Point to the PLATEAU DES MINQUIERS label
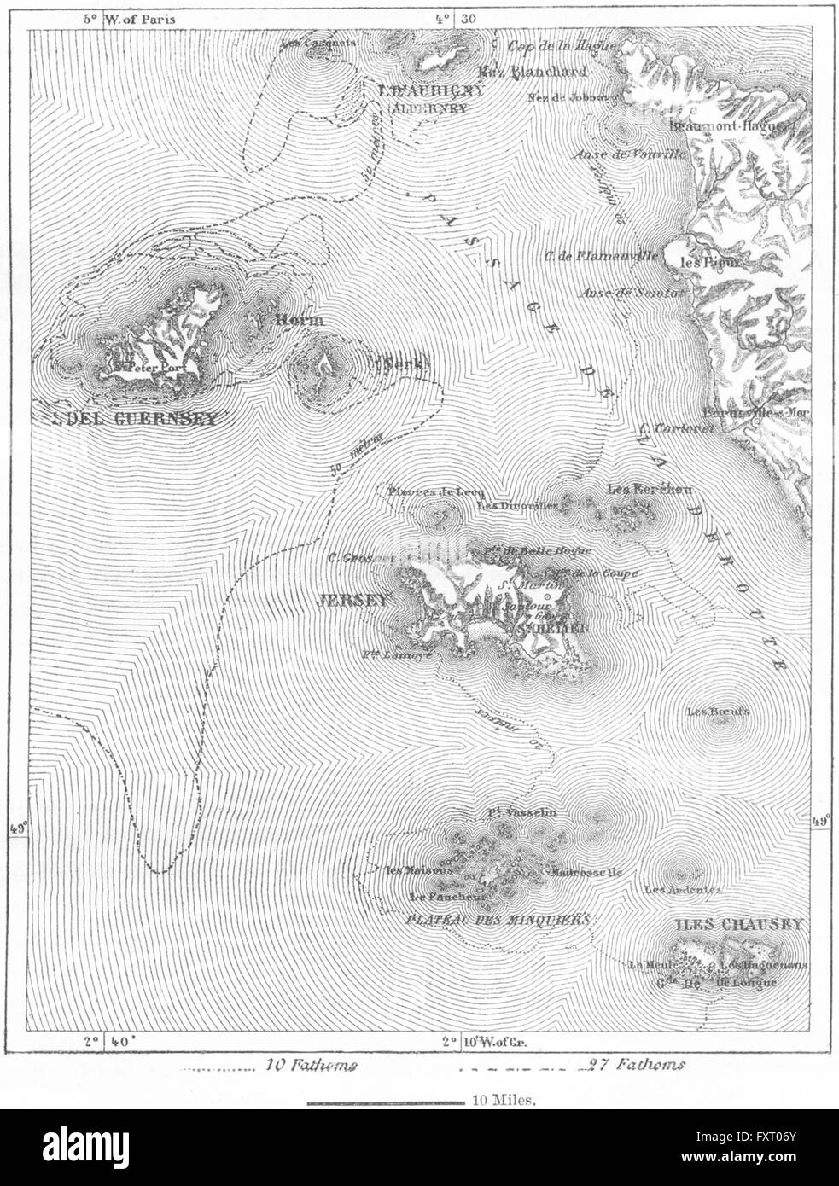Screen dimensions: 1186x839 coord(498,921)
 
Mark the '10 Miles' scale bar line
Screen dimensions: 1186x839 coord(384,1103)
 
